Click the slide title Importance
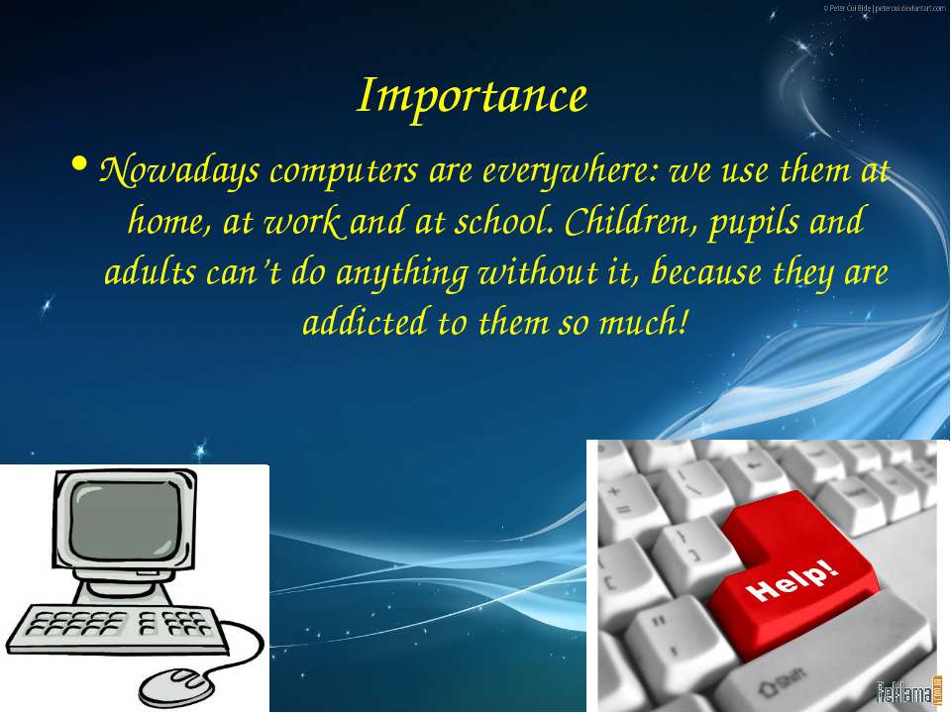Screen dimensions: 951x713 pos(472,96)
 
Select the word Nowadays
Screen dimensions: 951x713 pos(179,171)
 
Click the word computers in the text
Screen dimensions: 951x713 pos(344,172)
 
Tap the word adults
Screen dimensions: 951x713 pos(151,272)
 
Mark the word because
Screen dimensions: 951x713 pos(706,271)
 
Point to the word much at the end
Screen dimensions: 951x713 pos(644,322)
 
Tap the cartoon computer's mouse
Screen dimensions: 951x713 pos(177,686)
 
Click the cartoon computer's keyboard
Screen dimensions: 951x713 pos(115,628)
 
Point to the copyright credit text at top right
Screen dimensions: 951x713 pos(884,8)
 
